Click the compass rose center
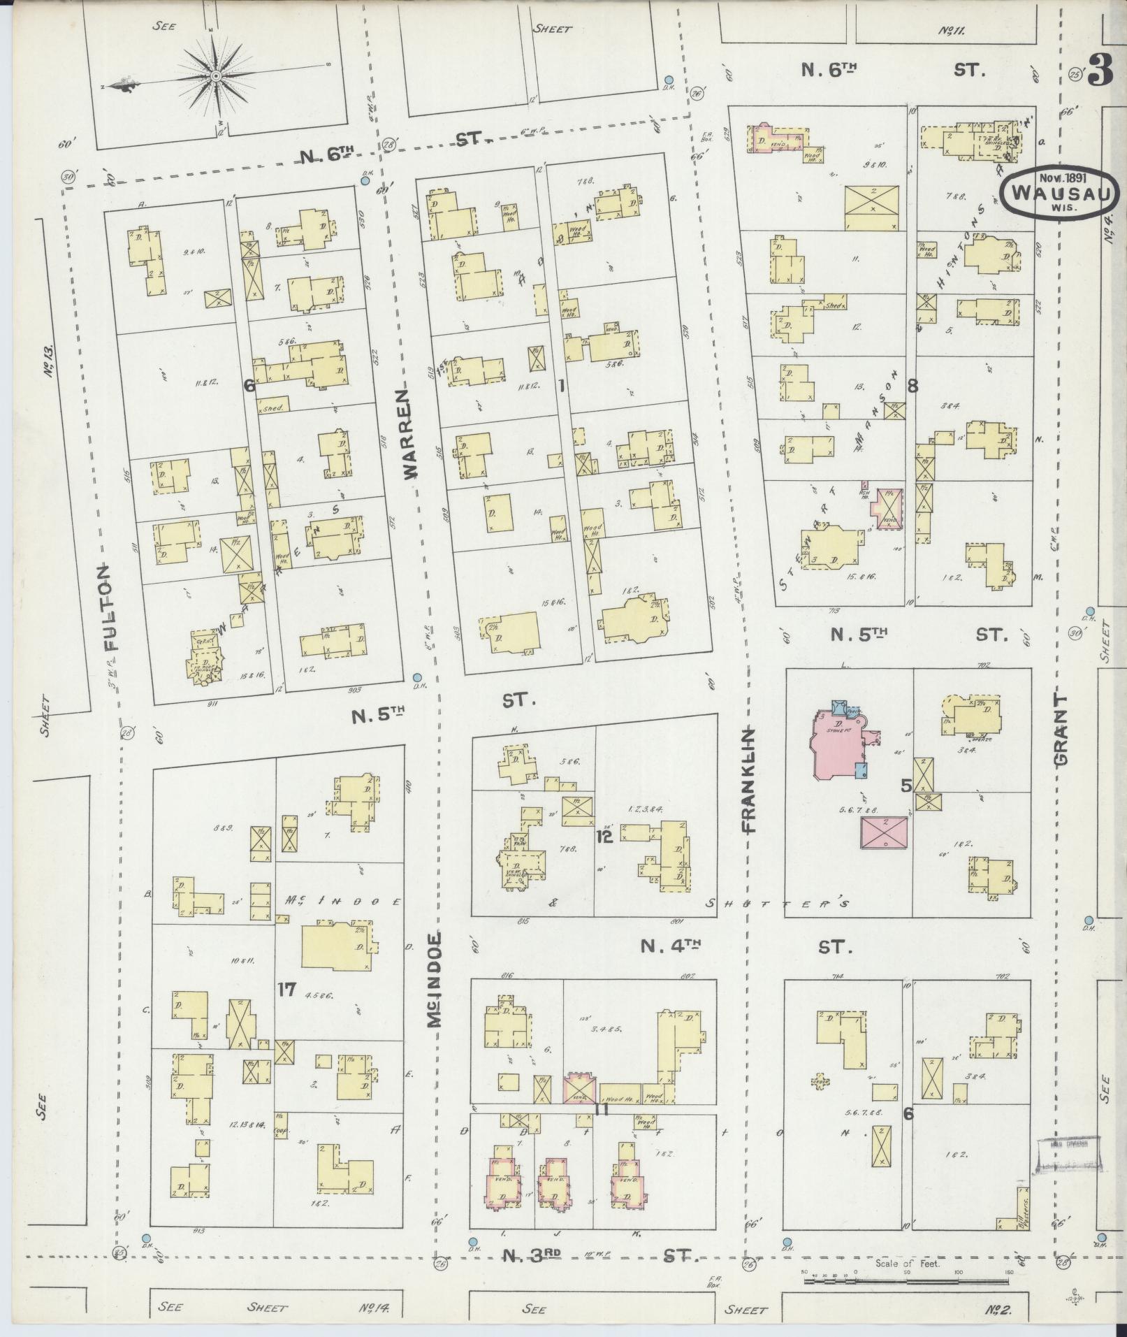tap(217, 75)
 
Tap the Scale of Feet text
tap(907, 1263)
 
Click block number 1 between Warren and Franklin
tap(561, 385)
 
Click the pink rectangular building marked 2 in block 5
tap(885, 833)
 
